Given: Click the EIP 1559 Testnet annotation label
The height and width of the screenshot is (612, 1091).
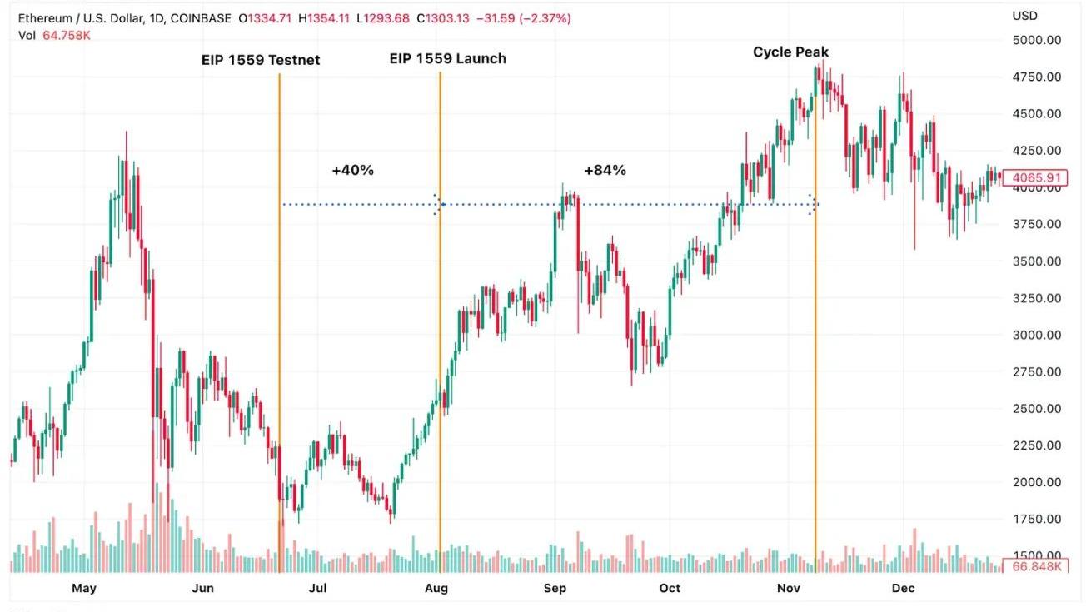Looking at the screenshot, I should click(260, 60).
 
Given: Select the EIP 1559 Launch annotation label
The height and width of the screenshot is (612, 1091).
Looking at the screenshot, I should click(447, 58).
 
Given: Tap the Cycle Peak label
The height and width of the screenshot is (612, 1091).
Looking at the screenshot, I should click(790, 52).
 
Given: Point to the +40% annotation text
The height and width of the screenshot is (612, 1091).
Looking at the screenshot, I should click(352, 170).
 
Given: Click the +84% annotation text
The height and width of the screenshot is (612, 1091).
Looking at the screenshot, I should click(605, 170).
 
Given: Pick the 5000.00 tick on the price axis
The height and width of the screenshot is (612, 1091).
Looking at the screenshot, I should click(1036, 40).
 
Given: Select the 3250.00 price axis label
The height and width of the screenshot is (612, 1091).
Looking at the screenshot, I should click(1036, 298).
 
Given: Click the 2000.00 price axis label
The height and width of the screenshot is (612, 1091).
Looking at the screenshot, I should click(1036, 482).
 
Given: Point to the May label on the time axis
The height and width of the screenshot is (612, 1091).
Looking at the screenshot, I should click(84, 588).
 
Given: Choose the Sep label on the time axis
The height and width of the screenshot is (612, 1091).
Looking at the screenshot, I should click(555, 588).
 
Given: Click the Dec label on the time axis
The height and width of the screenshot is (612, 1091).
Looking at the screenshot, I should click(903, 588).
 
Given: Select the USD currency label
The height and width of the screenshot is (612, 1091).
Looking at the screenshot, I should click(1024, 16).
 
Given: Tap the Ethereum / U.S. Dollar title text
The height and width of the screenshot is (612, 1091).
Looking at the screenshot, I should click(78, 17).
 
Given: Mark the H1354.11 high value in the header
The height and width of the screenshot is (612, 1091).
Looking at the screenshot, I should click(323, 17).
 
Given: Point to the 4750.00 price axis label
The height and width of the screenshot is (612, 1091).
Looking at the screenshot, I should click(1036, 77).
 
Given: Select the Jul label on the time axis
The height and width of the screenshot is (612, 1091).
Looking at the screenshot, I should click(317, 588).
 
